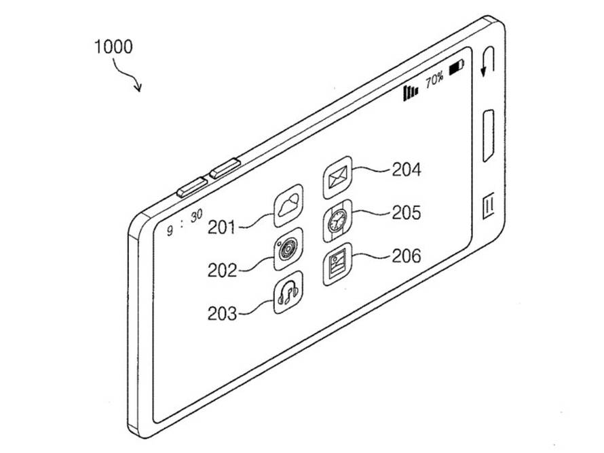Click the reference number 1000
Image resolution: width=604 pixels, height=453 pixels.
pyautogui.click(x=113, y=47)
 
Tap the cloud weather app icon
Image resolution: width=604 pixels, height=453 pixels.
pyautogui.click(x=288, y=206)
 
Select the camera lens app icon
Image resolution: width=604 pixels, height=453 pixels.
pyautogui.click(x=288, y=249)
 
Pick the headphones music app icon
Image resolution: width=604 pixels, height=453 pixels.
pyautogui.click(x=288, y=292)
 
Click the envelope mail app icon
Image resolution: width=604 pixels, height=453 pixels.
pyautogui.click(x=337, y=178)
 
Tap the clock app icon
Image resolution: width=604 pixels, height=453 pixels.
pyautogui.click(x=337, y=220)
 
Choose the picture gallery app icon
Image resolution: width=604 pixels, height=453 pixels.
pyautogui.click(x=337, y=264)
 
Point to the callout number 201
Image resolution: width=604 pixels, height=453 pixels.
pyautogui.click(x=222, y=227)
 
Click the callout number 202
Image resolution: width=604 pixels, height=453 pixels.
pyautogui.click(x=222, y=270)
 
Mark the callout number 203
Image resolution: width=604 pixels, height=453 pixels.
pyautogui.click(x=222, y=313)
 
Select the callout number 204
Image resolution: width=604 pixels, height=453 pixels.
pyautogui.click(x=407, y=170)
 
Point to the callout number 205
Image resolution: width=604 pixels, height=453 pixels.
pyautogui.click(x=407, y=212)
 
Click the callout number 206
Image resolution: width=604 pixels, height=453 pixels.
pyautogui.click(x=407, y=256)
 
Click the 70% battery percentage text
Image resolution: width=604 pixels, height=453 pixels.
pyautogui.click(x=434, y=79)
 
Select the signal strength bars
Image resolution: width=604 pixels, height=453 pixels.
pyautogui.click(x=410, y=92)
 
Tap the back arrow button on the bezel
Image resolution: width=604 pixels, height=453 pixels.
pyautogui.click(x=488, y=61)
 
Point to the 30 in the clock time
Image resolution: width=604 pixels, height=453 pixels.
pyautogui.click(x=196, y=216)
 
